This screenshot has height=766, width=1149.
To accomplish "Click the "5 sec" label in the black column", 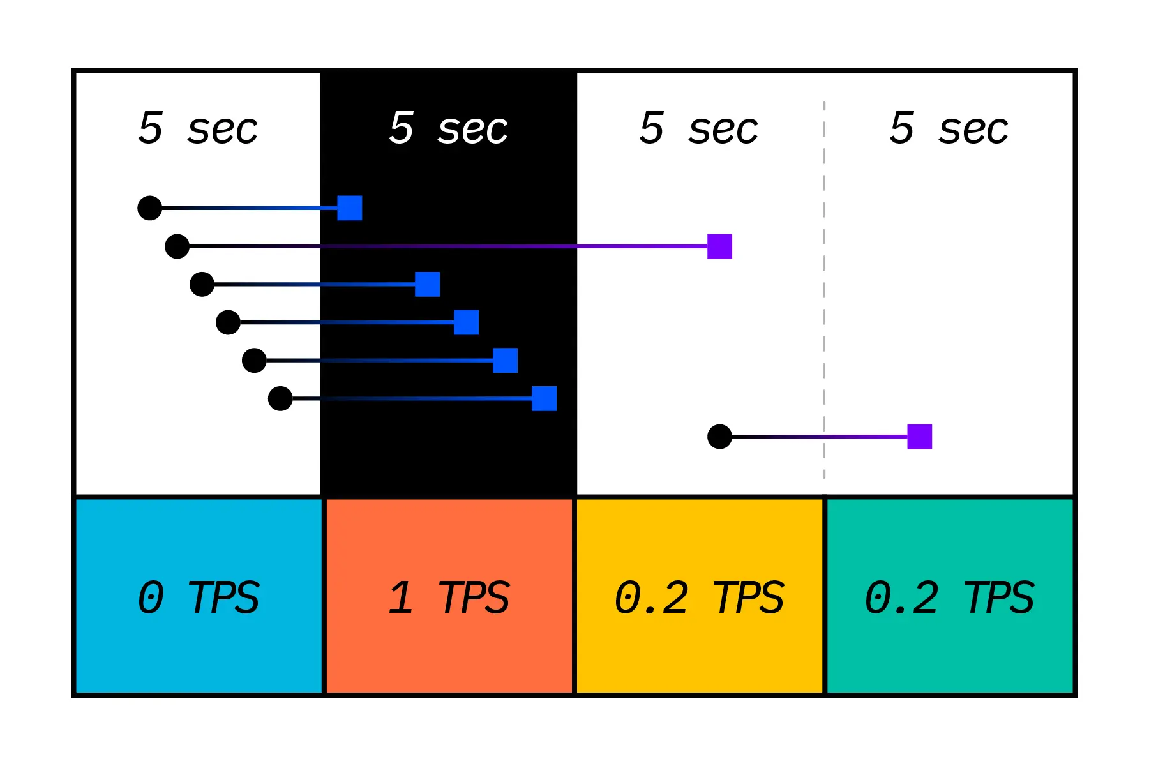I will click(x=449, y=128).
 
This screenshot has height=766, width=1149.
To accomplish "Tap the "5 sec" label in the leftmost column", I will click(x=198, y=128).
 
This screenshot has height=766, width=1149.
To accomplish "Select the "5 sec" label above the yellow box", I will click(x=699, y=128).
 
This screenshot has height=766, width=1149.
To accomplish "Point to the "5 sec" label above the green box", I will click(x=949, y=128).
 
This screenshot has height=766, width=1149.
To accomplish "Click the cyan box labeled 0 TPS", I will click(x=199, y=596).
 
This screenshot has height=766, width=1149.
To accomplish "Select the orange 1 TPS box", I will click(x=449, y=596).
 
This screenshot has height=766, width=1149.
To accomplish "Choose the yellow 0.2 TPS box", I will click(x=700, y=596).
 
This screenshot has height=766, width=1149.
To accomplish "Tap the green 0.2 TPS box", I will click(x=950, y=596).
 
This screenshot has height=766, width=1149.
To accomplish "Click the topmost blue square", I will click(x=350, y=208).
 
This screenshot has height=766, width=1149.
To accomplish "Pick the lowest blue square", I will click(x=544, y=398).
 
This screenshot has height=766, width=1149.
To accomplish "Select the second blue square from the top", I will click(x=428, y=284).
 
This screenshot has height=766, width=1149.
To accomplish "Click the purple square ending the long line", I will click(x=719, y=246).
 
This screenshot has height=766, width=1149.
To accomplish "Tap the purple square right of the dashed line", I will click(x=919, y=437).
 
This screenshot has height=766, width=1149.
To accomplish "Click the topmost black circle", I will click(x=150, y=208).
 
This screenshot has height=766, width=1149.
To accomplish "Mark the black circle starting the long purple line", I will click(x=177, y=246).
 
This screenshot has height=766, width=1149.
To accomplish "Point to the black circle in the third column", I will click(x=719, y=437).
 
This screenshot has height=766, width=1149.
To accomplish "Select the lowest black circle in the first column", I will click(x=280, y=398).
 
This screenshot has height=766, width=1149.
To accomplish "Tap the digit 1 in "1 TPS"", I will click(x=401, y=597).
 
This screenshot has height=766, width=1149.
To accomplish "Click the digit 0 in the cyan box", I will click(x=151, y=597).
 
